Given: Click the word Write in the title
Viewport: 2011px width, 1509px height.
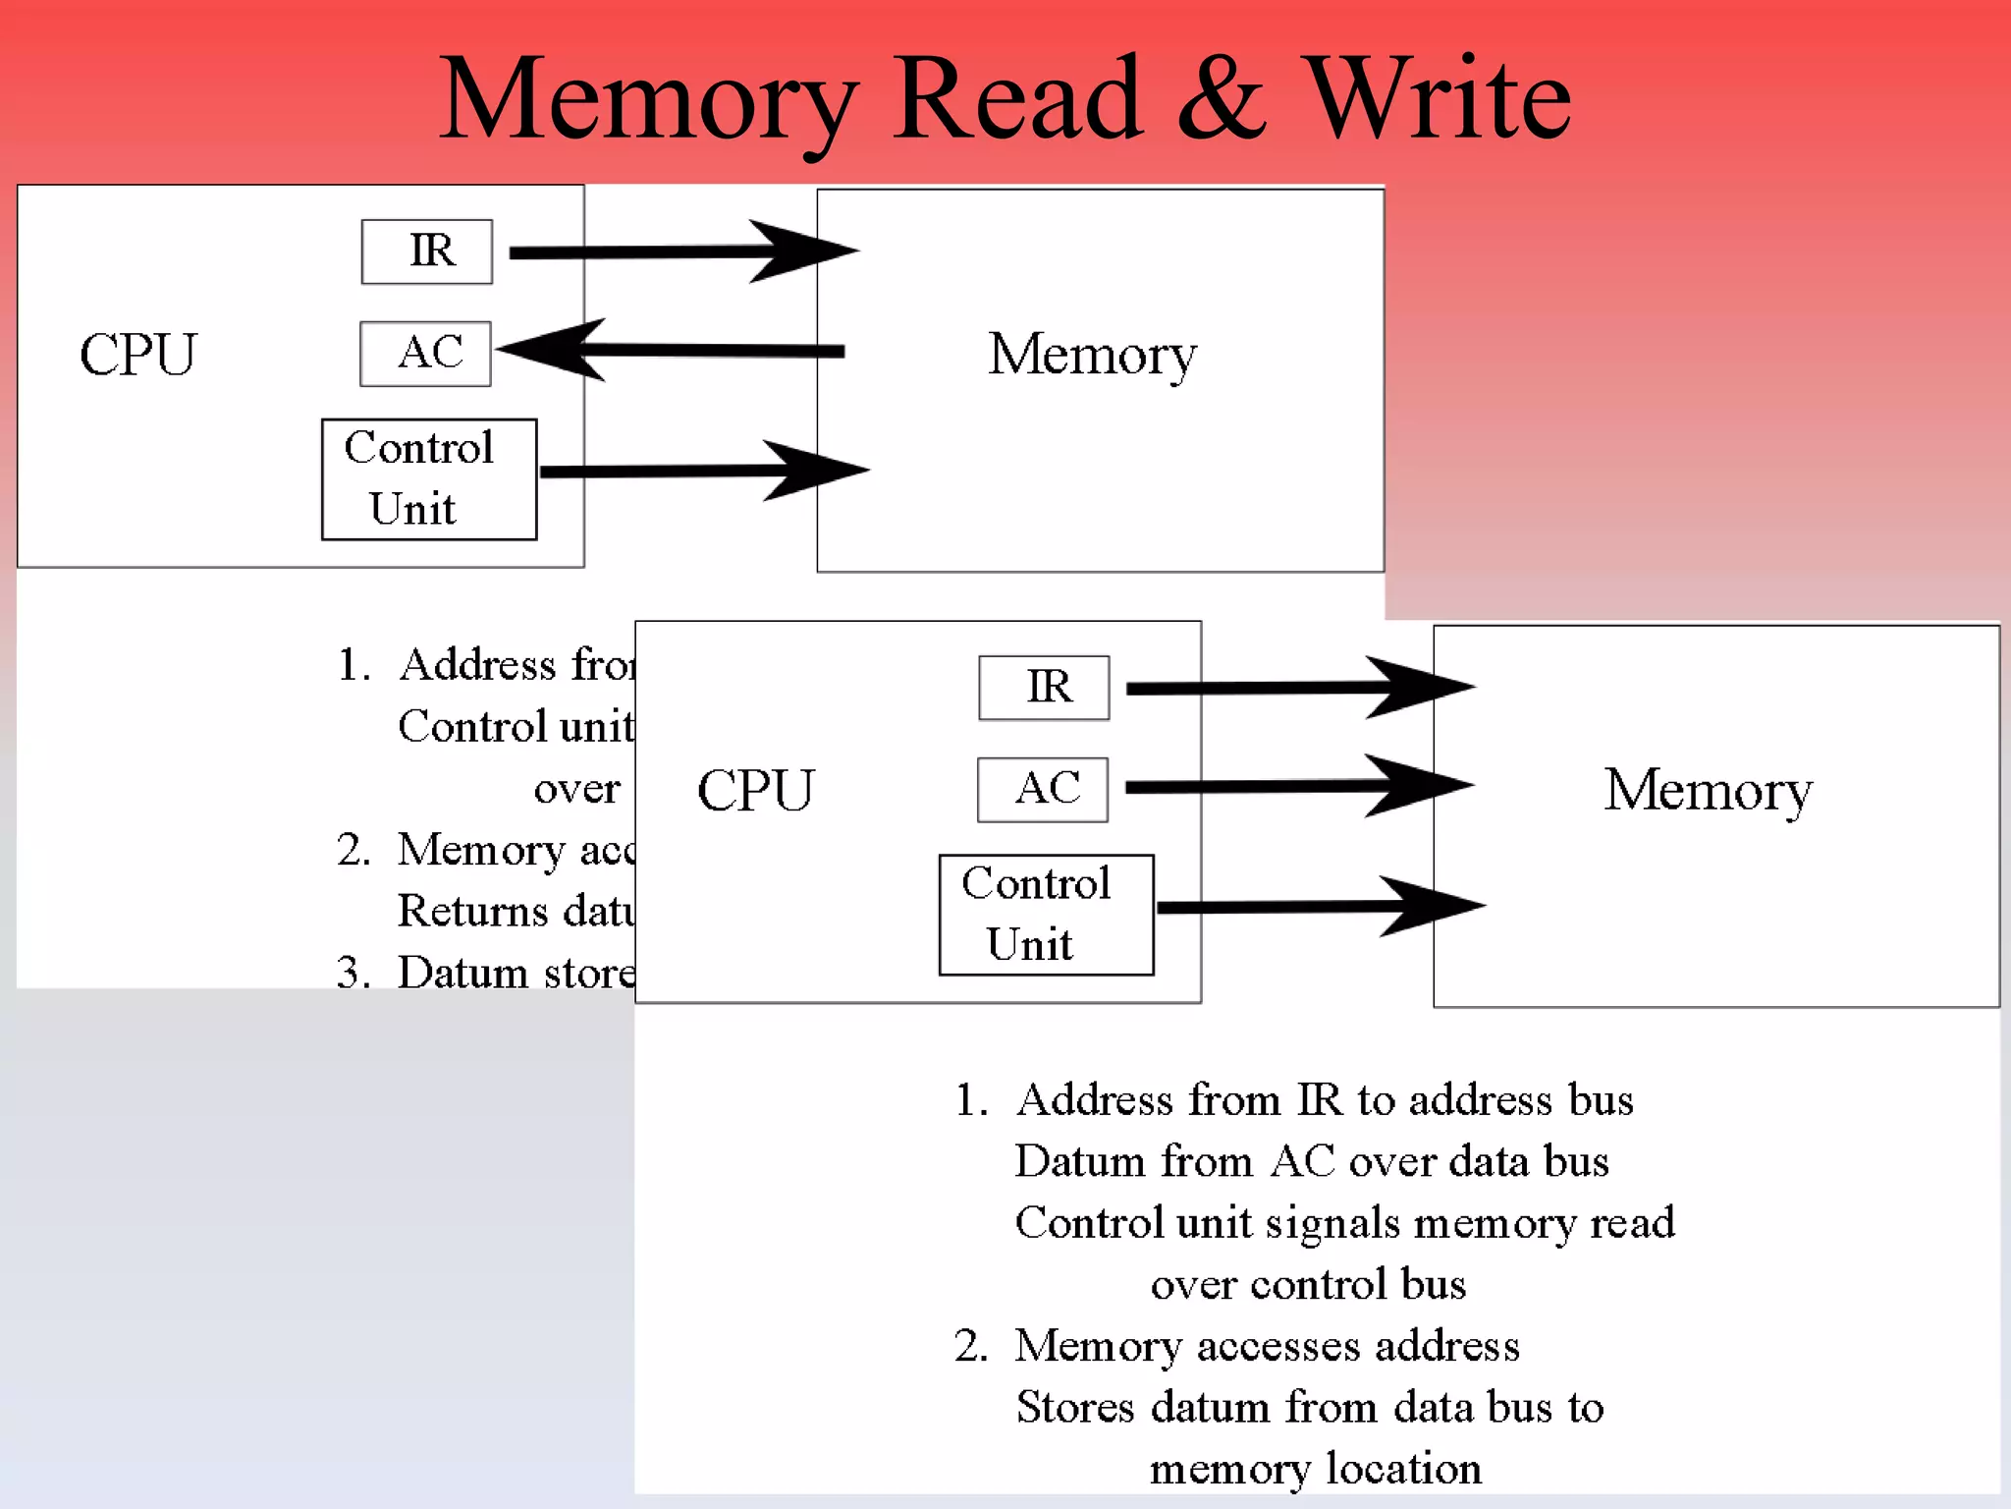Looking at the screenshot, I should [1440, 98].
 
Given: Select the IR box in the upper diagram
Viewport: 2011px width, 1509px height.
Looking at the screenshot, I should [427, 251].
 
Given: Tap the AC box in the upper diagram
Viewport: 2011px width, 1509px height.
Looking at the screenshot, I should [426, 354].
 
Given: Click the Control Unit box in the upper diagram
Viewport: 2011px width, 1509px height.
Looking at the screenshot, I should [429, 479].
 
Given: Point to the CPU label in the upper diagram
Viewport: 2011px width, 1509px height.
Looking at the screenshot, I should [138, 355].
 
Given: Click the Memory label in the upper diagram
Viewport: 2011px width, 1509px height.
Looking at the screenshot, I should [1092, 355].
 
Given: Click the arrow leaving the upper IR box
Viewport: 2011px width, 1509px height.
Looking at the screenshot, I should [678, 251].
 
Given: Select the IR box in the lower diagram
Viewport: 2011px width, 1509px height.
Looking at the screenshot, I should [1044, 688].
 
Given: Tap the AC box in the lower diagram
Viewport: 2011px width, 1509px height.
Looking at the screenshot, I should [1043, 789].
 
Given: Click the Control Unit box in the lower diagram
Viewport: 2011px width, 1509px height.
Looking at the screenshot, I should [1046, 915].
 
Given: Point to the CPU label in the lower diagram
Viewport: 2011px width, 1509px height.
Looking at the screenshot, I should [755, 791].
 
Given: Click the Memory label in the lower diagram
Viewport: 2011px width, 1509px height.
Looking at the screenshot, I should [1708, 791].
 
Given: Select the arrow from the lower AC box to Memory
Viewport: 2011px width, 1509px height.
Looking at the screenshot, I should [1296, 786].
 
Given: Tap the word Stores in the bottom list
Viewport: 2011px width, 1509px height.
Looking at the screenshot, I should [1075, 1407].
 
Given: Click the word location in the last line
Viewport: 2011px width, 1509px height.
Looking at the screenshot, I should [1403, 1469].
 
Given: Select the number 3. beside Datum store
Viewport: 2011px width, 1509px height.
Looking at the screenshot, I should [353, 973].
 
